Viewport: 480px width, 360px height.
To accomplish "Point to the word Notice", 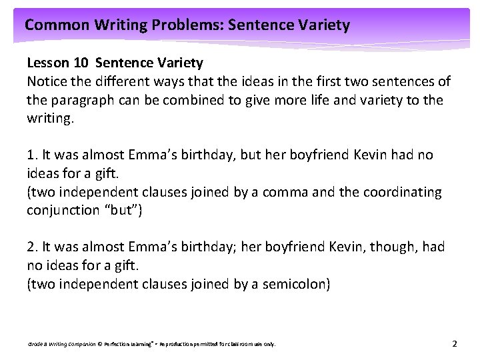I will click(46, 81).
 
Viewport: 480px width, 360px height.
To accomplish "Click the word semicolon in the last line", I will click(294, 285).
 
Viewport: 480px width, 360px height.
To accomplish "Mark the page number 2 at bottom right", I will click(454, 344).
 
